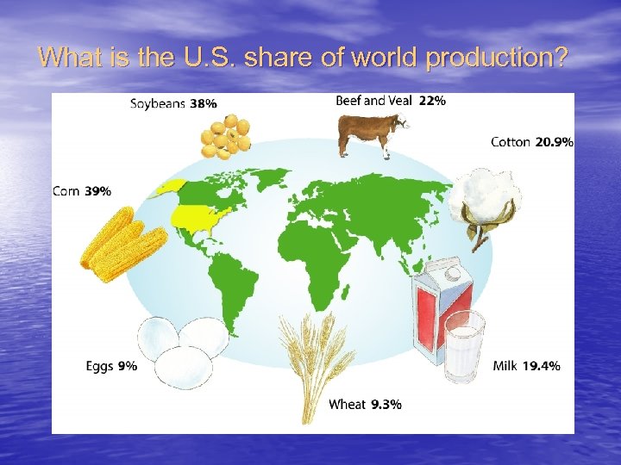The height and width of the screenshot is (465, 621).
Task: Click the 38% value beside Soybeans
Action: (x=204, y=104)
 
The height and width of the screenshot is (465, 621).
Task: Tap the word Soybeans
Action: (x=158, y=104)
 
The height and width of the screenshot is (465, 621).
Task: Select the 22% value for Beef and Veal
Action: (x=432, y=101)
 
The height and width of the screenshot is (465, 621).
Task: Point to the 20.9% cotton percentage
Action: (x=554, y=142)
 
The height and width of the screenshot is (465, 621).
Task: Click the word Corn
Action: (x=66, y=191)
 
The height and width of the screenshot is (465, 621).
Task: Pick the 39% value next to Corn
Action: (x=97, y=191)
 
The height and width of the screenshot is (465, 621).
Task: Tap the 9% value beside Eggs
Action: (x=127, y=366)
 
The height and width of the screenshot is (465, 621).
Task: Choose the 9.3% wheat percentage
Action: (x=386, y=404)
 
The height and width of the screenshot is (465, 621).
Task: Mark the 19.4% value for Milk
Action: (x=541, y=366)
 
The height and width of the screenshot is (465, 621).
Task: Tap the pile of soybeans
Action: (x=226, y=136)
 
